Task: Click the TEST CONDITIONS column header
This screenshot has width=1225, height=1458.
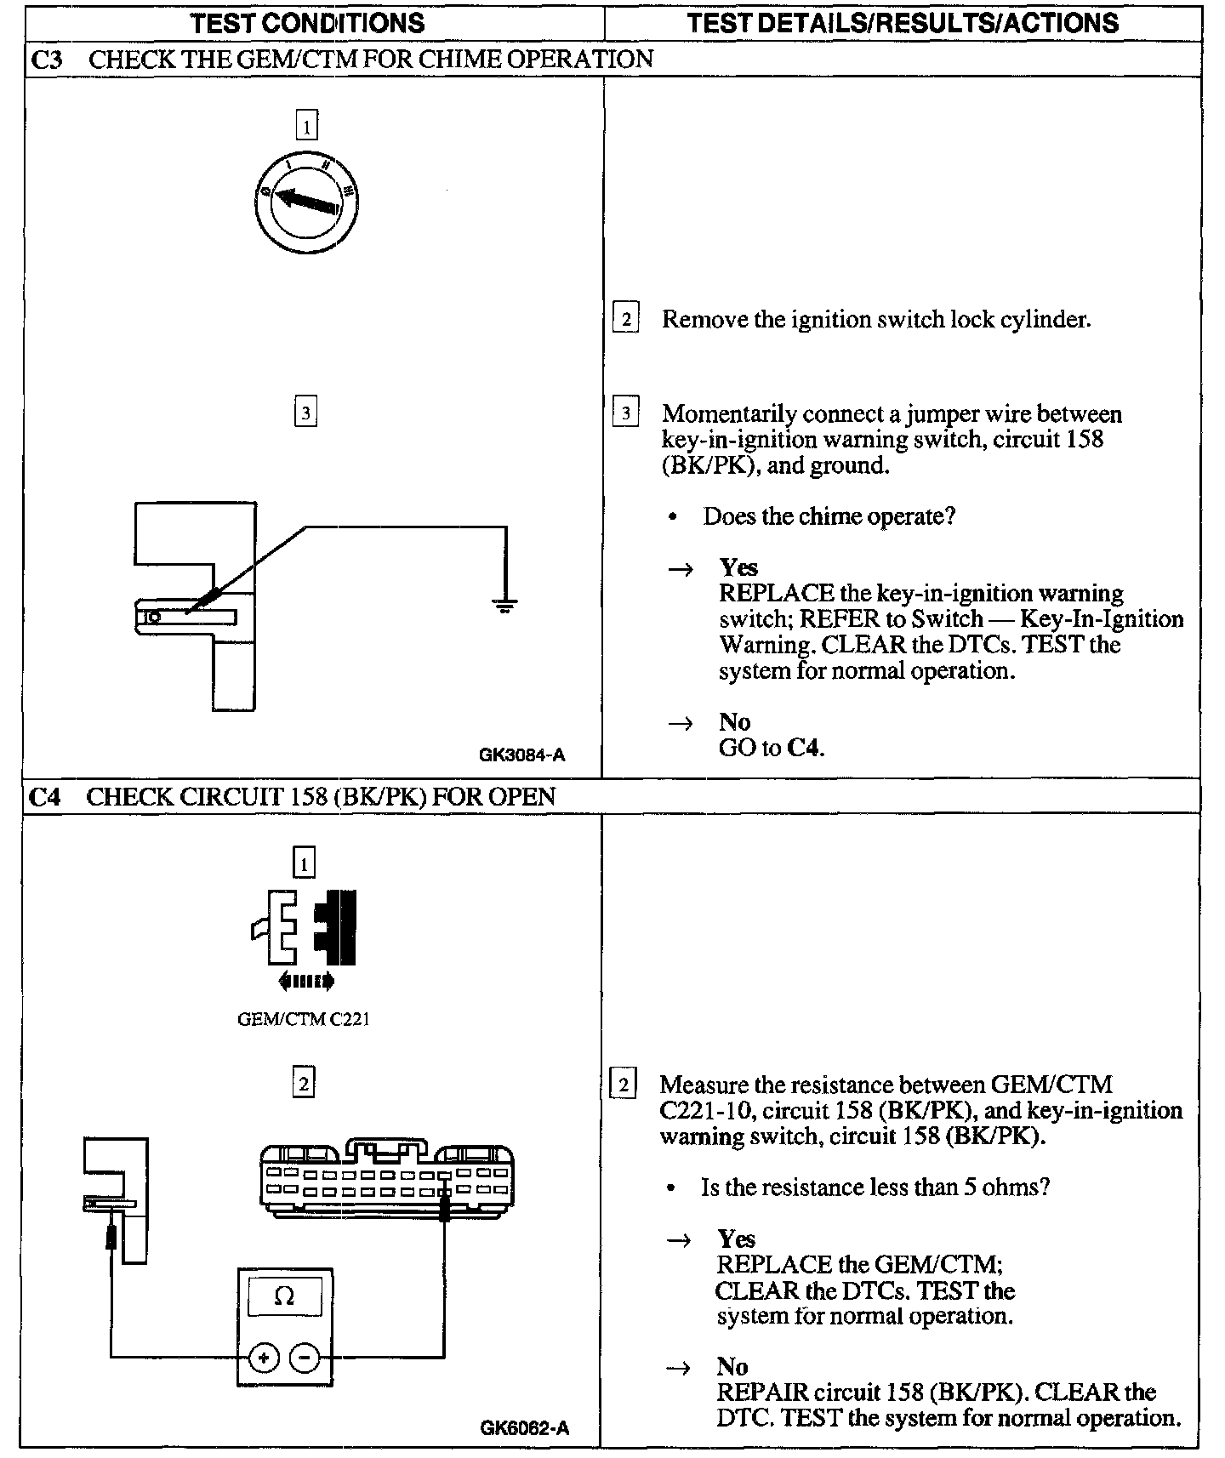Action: point(307,23)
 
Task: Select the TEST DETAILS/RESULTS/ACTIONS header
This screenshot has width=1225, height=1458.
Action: point(903,23)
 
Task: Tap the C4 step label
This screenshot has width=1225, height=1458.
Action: point(44,797)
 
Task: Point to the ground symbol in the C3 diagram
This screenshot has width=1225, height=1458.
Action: point(504,606)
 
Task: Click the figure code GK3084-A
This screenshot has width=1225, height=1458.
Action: point(521,755)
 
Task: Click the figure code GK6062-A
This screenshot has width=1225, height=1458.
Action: point(524,1428)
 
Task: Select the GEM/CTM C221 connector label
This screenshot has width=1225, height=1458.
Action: point(304,1019)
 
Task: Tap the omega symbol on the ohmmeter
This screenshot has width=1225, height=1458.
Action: point(284,1296)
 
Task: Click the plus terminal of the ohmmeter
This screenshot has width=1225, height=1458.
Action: point(264,1358)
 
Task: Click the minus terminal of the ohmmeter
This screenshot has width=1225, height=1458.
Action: point(305,1358)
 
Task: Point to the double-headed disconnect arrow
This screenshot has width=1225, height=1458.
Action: point(306,982)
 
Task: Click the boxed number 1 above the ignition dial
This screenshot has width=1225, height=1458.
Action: point(306,126)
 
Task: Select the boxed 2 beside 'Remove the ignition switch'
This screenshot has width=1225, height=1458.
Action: point(625,319)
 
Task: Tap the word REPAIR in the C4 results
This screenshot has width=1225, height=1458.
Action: point(762,1393)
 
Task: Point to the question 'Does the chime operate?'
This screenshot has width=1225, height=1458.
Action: point(829,516)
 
